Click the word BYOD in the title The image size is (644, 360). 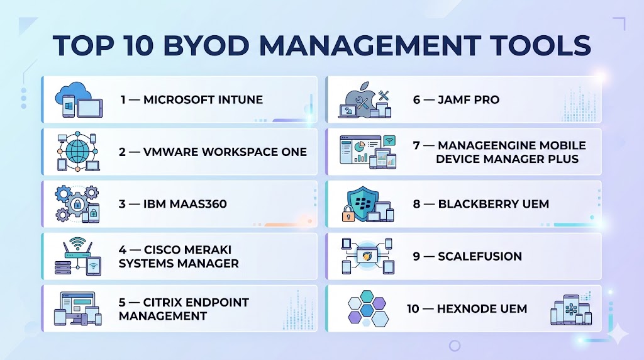click(206, 45)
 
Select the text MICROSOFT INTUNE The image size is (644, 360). click(203, 100)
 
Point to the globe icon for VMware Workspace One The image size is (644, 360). click(77, 151)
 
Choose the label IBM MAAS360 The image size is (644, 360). click(185, 205)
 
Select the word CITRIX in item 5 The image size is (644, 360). click(163, 303)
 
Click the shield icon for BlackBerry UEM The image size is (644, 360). click(362, 203)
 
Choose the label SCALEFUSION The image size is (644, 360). click(480, 256)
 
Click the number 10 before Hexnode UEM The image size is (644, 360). click(413, 309)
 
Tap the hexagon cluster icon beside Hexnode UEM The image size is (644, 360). click(367, 308)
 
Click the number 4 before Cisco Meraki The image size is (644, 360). click(123, 250)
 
